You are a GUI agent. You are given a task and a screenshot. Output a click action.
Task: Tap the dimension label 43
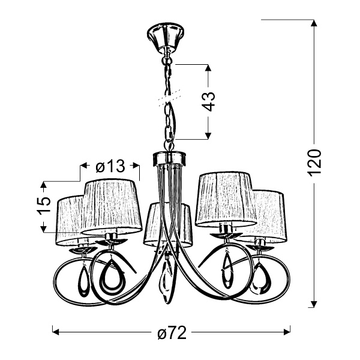pyautogui.click(x=208, y=101)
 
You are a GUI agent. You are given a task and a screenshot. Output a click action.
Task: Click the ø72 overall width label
pyautogui.click(x=170, y=332)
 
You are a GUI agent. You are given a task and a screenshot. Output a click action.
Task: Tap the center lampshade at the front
pyautogui.click(x=168, y=224)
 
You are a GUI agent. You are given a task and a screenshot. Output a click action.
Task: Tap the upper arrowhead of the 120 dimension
pyautogui.click(x=313, y=23)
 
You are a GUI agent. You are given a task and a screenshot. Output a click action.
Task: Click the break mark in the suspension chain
pyautogui.click(x=168, y=94)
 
